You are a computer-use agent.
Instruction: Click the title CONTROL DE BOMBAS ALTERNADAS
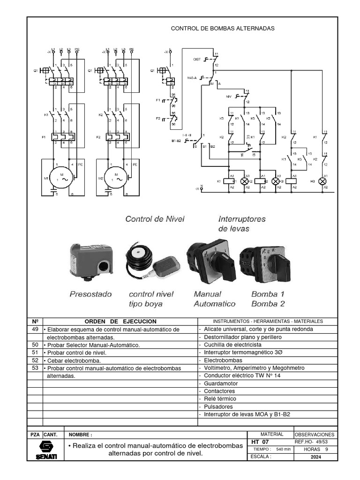[x=223, y=29]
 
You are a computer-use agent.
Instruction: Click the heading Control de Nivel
[x=155, y=219]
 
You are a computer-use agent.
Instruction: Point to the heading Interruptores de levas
[x=242, y=224]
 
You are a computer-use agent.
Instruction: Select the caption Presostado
[x=91, y=294]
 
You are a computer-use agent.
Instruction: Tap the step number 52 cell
[x=35, y=360]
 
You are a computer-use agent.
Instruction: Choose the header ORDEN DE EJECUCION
[x=120, y=321]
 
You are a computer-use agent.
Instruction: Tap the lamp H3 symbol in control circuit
[x=322, y=180]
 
